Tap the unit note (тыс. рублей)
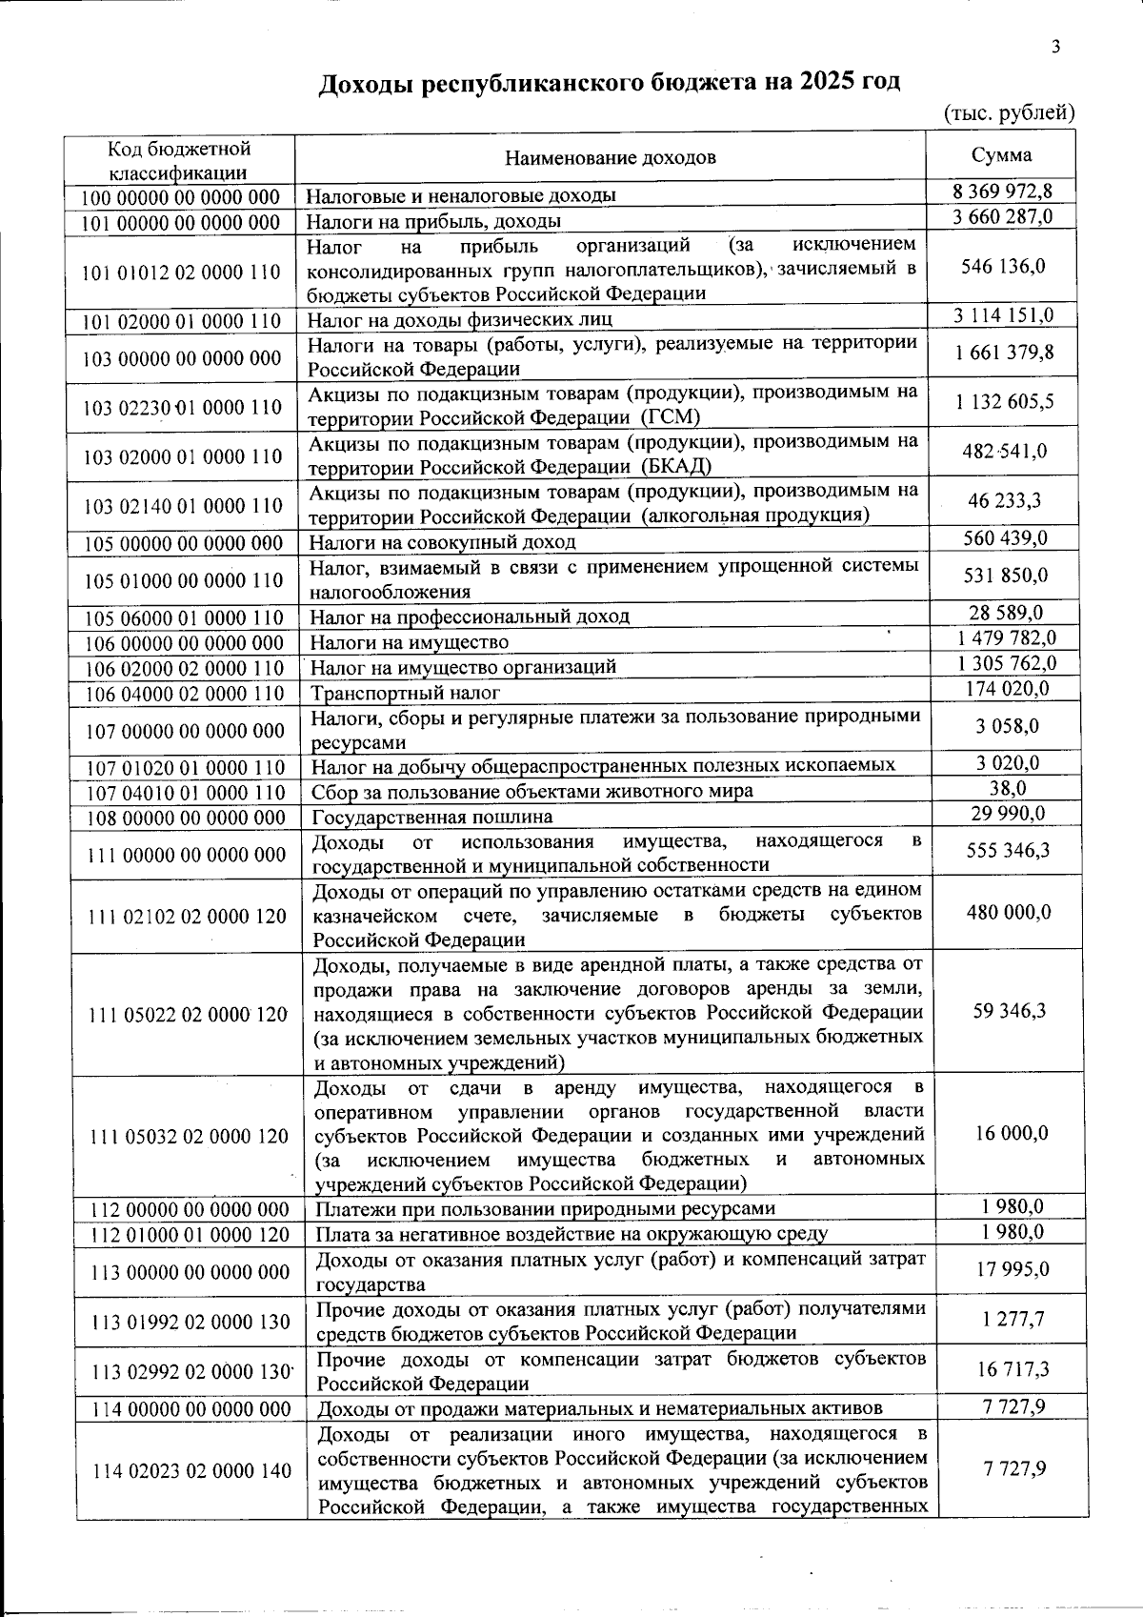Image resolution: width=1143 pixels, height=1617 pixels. pos(1009,113)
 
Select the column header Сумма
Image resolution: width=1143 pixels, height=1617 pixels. pos(1001,155)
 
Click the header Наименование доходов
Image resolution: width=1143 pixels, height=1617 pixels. pos(610,157)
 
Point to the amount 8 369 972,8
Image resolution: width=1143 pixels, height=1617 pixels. pos(1001,191)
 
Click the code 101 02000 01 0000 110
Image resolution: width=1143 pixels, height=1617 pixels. pos(181,320)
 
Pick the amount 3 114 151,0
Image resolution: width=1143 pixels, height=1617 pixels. pos(1003,315)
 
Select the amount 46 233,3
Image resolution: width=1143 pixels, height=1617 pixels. pos(1003,500)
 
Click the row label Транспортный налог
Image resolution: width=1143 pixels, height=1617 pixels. pos(406,693)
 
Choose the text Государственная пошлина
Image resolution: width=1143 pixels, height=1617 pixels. pos(431,817)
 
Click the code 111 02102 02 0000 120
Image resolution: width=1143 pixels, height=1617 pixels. pos(187,916)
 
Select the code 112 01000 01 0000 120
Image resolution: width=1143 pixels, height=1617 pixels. pos(189,1234)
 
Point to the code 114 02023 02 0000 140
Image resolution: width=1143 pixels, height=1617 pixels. pos(191,1471)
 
